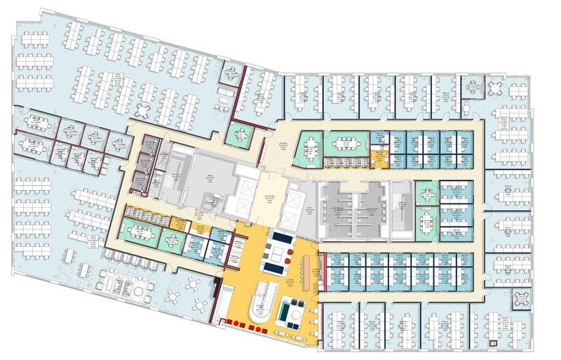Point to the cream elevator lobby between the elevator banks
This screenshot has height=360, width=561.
pyautogui.click(x=270, y=199)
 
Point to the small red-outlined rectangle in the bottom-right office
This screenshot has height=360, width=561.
pyautogui.click(x=495, y=343)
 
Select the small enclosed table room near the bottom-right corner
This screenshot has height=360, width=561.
pyautogui.click(x=520, y=298)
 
